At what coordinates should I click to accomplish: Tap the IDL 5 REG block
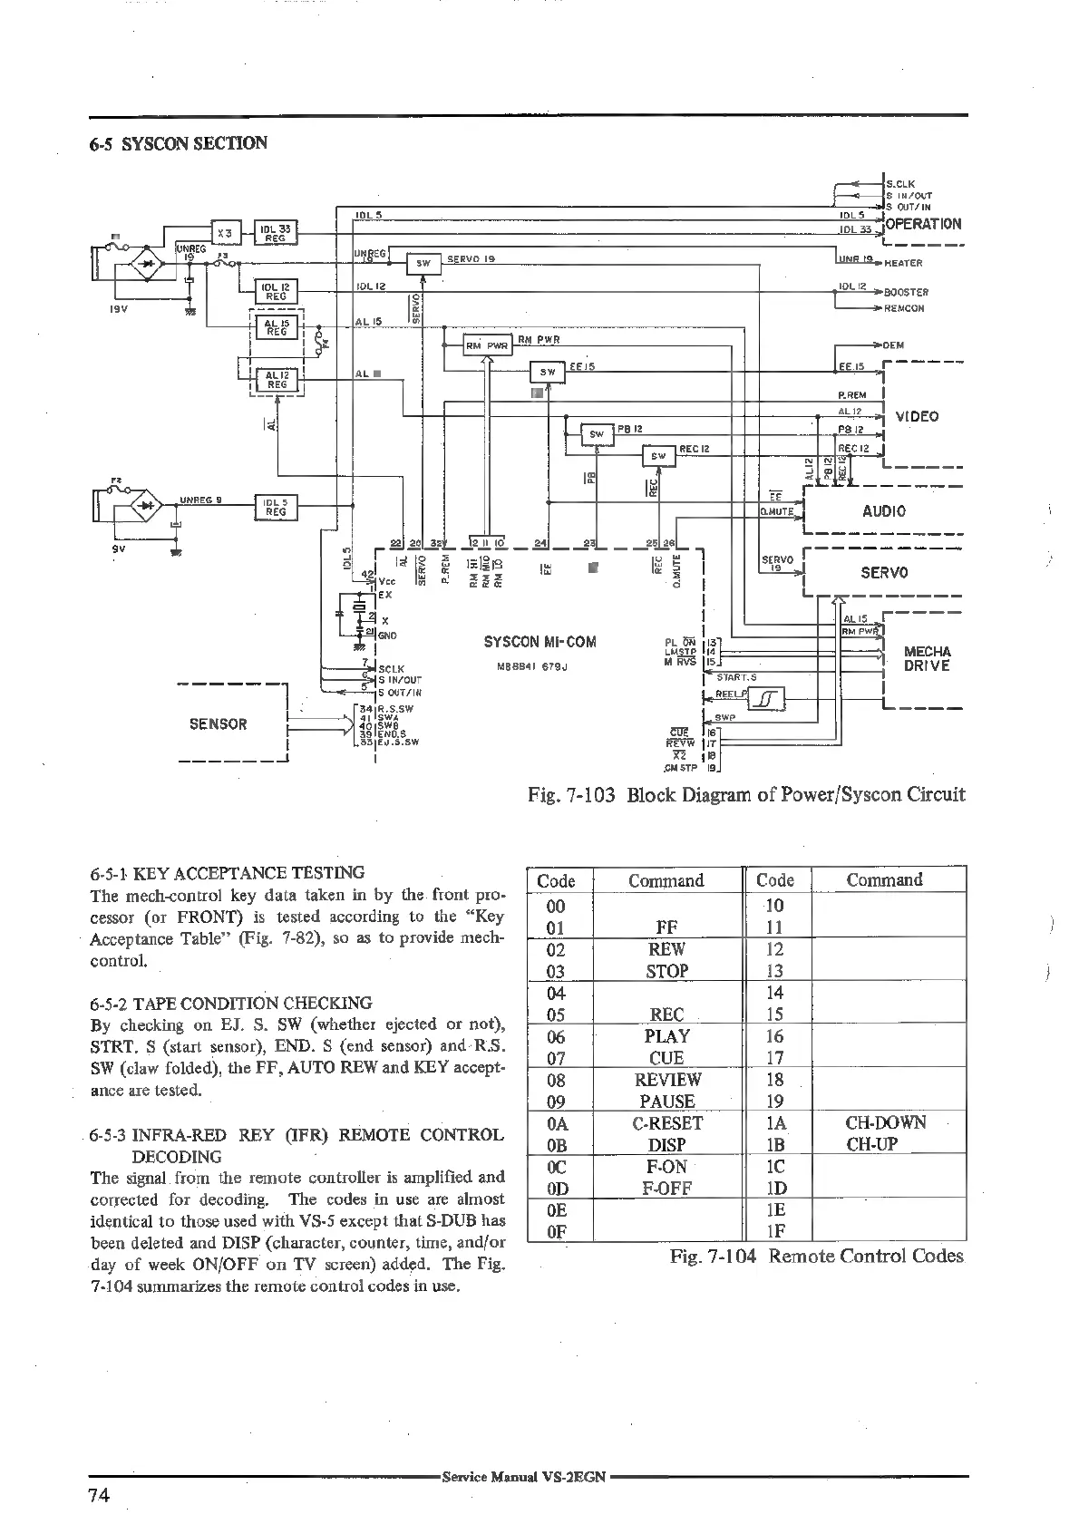coord(276,508)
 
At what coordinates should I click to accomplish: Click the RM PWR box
coord(488,345)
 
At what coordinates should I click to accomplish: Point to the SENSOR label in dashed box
coord(218,723)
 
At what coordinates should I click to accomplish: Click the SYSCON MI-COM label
coord(540,642)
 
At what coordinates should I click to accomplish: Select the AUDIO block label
coord(884,510)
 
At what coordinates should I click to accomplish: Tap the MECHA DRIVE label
coord(928,658)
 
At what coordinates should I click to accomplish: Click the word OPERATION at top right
coord(923,224)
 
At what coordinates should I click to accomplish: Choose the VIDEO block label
coord(917,417)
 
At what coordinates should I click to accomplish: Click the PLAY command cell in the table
coord(667,1036)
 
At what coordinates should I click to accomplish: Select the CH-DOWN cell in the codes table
coord(886,1122)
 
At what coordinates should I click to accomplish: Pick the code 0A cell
coord(557,1123)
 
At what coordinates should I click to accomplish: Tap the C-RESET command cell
coord(667,1123)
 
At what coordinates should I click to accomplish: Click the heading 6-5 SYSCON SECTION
coord(179,143)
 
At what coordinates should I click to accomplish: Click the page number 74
coord(99,1496)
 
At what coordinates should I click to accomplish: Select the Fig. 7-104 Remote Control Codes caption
coord(816,1256)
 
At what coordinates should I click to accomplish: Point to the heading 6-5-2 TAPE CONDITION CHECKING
coord(231,1003)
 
